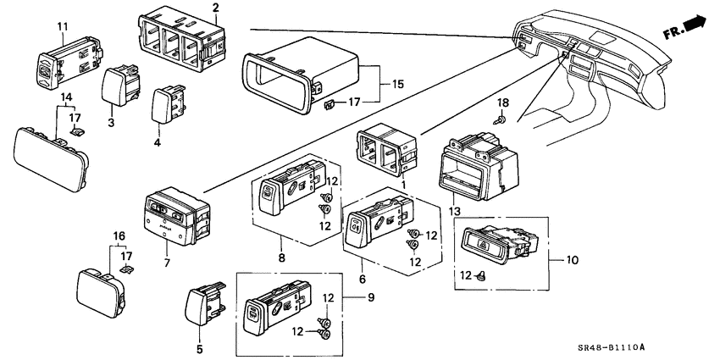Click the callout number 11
(62, 27)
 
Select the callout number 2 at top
(216, 8)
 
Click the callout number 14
(64, 98)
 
